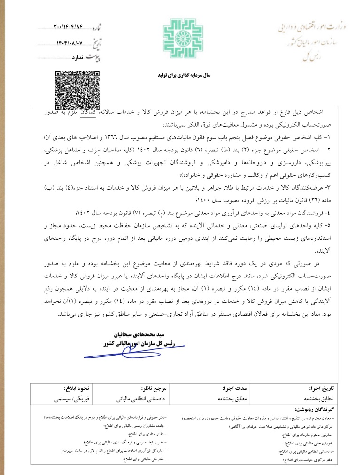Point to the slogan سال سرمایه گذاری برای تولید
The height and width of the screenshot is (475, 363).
click(x=182, y=75)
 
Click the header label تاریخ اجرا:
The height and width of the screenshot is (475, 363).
click(x=320, y=389)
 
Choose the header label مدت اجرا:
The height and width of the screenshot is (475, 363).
click(x=234, y=389)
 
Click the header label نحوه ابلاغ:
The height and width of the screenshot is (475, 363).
click(x=76, y=389)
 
